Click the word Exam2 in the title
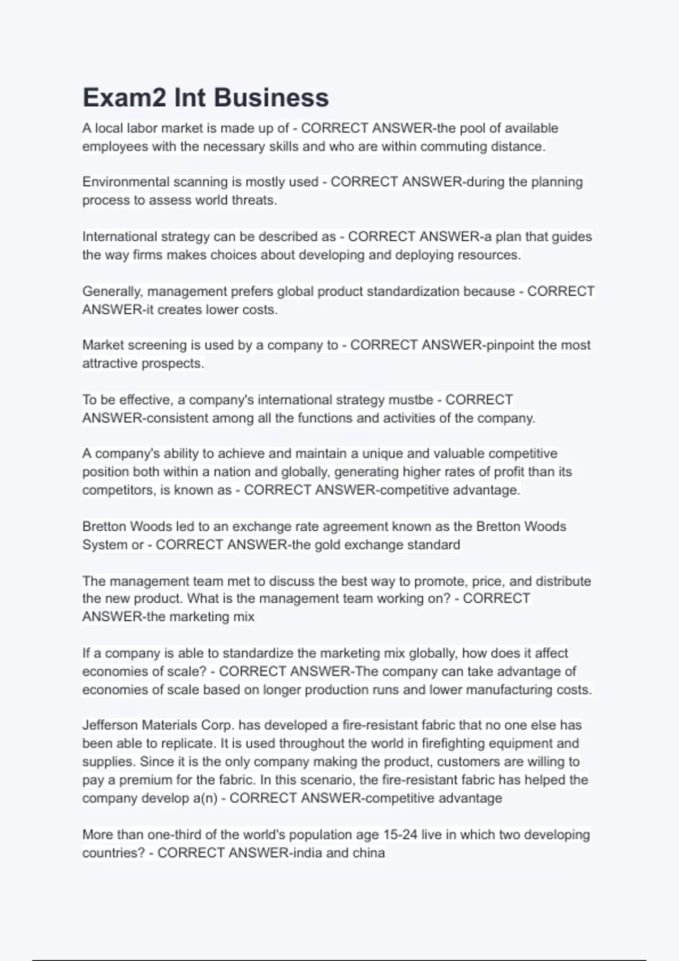coord(124,97)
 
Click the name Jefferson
coord(110,725)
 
